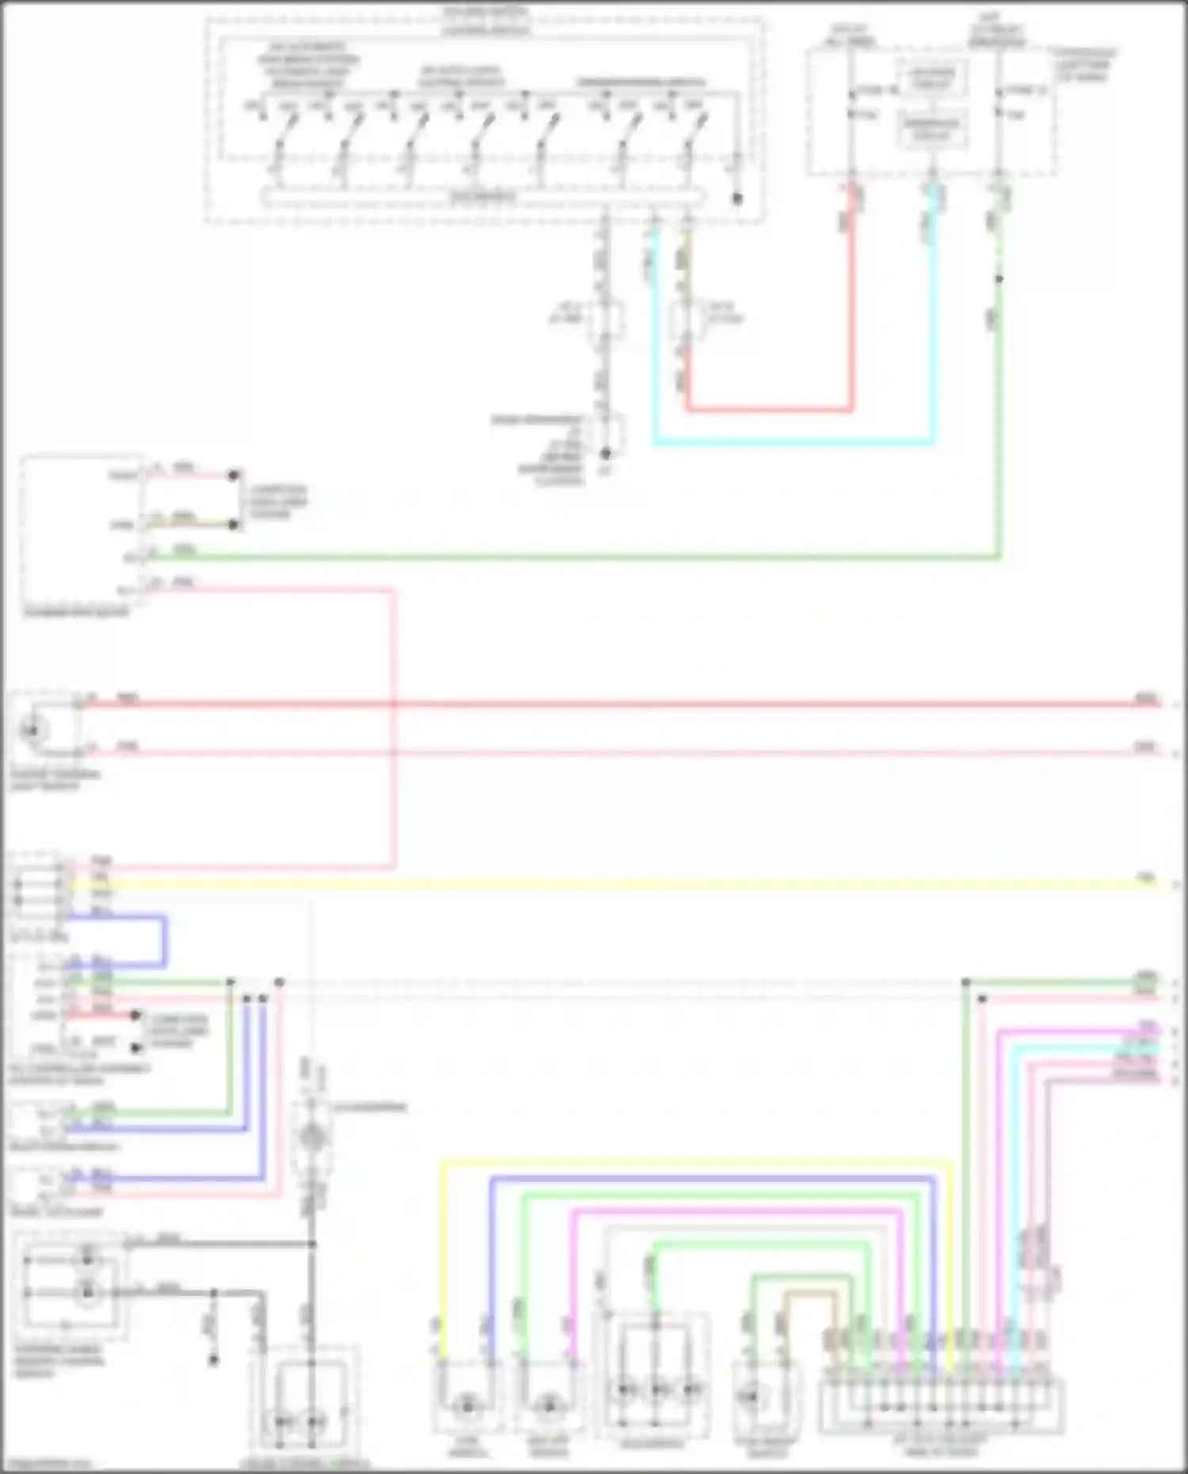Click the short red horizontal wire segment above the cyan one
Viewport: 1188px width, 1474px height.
pyautogui.click(x=768, y=410)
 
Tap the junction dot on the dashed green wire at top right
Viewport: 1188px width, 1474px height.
pyautogui.click(x=999, y=279)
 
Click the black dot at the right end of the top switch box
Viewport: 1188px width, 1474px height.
pyautogui.click(x=737, y=199)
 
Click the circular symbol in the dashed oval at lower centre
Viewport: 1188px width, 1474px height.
pyautogui.click(x=311, y=1137)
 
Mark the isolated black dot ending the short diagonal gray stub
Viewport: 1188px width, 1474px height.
pyautogui.click(x=213, y=1360)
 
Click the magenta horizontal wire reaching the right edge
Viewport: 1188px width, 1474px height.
pyautogui.click(x=1077, y=1031)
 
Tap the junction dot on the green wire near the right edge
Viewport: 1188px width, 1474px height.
pyautogui.click(x=966, y=982)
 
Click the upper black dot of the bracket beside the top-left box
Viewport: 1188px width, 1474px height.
pyautogui.click(x=233, y=475)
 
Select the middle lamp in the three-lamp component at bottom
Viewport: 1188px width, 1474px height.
pyautogui.click(x=657, y=1389)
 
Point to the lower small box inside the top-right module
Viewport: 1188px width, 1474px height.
pyautogui.click(x=932, y=129)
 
